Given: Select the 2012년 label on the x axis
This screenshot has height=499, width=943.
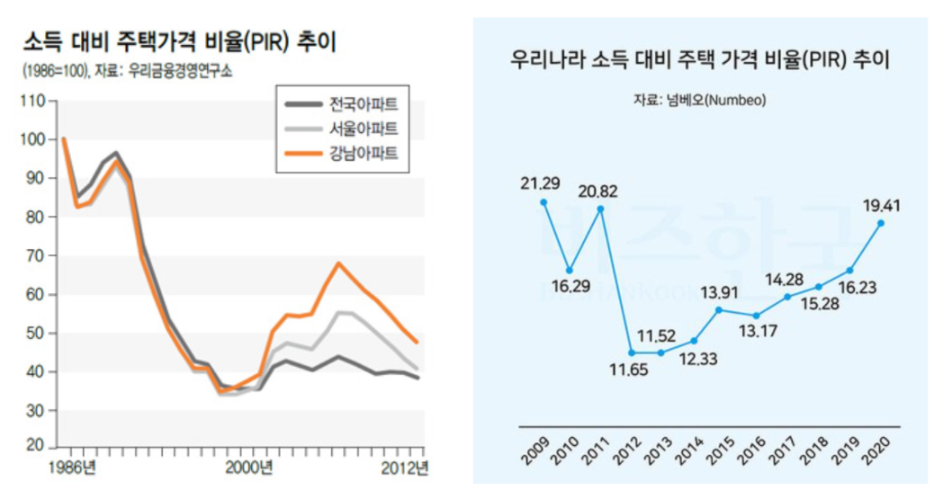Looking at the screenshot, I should [403, 467].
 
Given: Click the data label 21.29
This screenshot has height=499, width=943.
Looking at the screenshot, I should [540, 183].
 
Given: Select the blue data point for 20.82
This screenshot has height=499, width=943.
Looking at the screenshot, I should [600, 209].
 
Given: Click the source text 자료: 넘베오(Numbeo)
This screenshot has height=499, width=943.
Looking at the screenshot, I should [699, 100].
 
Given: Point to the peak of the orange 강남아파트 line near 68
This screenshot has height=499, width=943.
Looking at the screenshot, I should [337, 263].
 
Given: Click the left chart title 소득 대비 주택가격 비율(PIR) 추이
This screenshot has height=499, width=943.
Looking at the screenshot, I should [184, 42].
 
